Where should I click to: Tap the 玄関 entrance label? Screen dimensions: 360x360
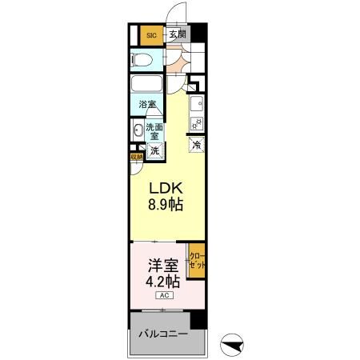(178, 34)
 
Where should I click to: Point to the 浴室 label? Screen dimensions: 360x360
(147, 105)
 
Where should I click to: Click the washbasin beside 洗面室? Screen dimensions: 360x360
(137, 131)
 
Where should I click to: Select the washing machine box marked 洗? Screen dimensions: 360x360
(154, 150)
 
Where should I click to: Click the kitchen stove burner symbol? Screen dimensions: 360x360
(196, 122)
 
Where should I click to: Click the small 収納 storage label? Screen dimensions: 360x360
(136, 158)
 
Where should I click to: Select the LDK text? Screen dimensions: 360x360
(164, 190)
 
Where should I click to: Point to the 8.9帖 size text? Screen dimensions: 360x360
(165, 206)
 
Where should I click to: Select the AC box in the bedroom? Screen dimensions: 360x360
(163, 297)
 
